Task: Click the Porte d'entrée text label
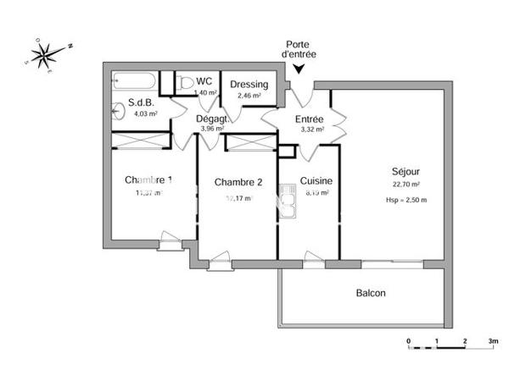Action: (x=300, y=48)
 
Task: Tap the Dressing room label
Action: (x=249, y=85)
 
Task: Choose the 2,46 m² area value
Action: (x=249, y=96)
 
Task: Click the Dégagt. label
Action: (x=211, y=119)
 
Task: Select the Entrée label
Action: (x=309, y=119)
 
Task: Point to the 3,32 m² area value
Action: (x=308, y=130)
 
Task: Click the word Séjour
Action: (x=406, y=169)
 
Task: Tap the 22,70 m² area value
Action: (x=406, y=184)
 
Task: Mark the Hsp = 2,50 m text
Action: (x=406, y=200)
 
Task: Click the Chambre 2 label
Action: (x=238, y=182)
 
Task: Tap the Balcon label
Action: (x=370, y=293)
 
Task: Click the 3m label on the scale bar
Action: (x=493, y=343)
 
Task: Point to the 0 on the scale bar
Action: (x=409, y=343)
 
